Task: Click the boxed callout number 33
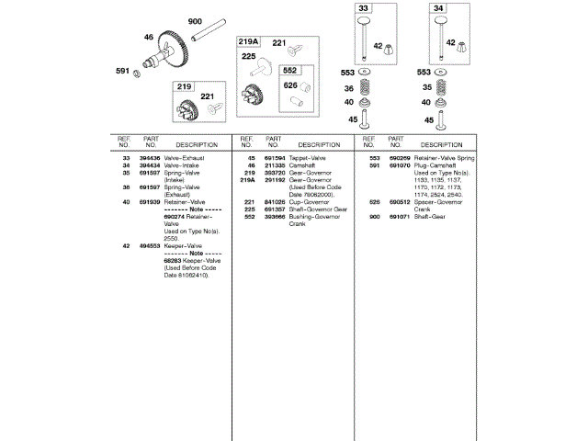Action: (363, 9)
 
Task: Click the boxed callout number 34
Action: (437, 9)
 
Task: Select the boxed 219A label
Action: (248, 42)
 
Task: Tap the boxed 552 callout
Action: (289, 70)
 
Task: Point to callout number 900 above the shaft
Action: (195, 21)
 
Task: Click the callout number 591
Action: (121, 71)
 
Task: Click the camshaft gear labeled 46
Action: (172, 51)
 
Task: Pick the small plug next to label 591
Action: (137, 72)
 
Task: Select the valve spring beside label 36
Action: (364, 89)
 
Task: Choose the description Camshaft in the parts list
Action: (303, 165)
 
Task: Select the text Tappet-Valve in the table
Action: (306, 158)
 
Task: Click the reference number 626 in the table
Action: (375, 201)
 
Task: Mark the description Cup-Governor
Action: (307, 201)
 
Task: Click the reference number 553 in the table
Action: (375, 158)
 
